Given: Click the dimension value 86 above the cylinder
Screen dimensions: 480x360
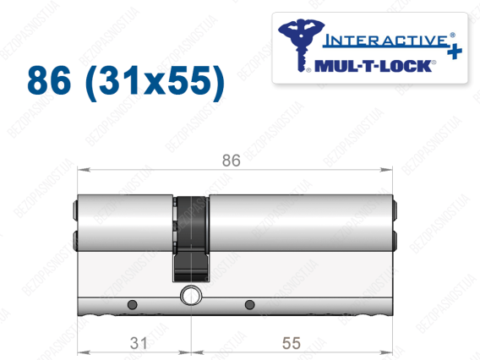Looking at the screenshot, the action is click(231, 161).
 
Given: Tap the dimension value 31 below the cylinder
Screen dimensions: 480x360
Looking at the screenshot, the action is click(139, 343).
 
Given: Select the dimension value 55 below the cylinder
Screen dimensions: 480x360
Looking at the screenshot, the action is click(292, 343).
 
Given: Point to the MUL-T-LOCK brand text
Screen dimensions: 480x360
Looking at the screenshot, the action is click(374, 66).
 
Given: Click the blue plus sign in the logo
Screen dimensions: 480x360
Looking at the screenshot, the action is click(455, 51).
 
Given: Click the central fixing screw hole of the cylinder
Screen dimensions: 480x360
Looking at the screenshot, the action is click(191, 296).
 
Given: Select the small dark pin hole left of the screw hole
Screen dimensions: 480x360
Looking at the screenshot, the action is click(132, 304).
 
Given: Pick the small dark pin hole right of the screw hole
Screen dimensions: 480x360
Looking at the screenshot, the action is click(250, 304).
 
